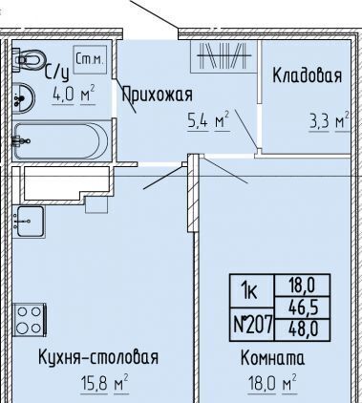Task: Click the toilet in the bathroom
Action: (29, 60)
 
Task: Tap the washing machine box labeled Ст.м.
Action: (90, 60)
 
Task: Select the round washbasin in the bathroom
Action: (24, 97)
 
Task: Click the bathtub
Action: (61, 141)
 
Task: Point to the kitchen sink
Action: (30, 222)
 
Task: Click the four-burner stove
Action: (30, 320)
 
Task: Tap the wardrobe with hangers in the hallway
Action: (224, 56)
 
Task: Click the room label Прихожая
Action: (158, 95)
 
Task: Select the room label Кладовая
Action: (308, 75)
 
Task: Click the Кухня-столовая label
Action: (98, 357)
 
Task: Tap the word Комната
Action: (272, 358)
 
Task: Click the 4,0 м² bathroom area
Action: (74, 94)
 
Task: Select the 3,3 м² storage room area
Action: (330, 121)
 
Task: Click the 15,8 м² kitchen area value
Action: (104, 384)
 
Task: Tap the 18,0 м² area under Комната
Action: (272, 384)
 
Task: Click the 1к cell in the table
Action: (251, 291)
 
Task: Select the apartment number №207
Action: (253, 325)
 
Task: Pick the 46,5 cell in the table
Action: (303, 308)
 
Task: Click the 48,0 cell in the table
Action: (303, 329)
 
